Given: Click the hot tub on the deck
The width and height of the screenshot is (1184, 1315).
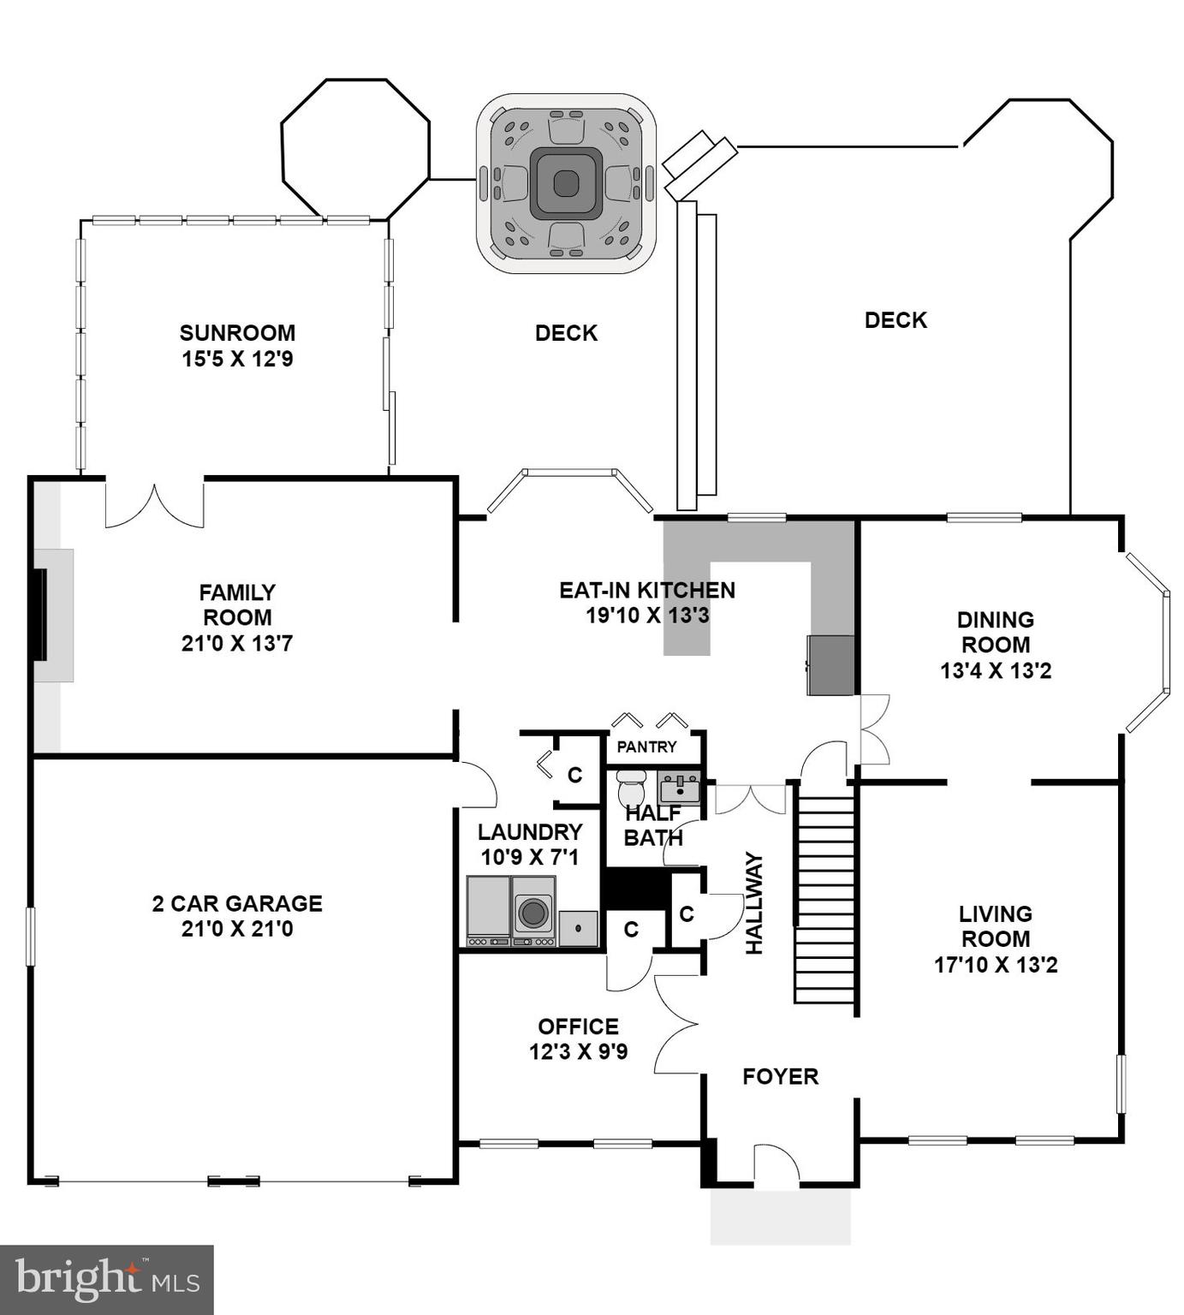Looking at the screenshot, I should (x=566, y=183).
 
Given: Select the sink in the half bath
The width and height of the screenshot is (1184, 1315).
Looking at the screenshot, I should (x=680, y=786).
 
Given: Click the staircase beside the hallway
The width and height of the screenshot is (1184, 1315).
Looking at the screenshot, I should (x=824, y=899).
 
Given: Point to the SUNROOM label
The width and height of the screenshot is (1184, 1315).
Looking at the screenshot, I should (x=237, y=332).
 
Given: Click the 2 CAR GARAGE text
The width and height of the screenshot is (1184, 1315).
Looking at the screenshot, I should (x=237, y=903).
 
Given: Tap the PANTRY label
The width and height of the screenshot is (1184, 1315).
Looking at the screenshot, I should (x=646, y=747).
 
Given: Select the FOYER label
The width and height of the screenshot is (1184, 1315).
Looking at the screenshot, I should (x=780, y=1076).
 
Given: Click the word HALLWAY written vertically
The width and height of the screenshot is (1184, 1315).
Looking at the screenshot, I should (x=753, y=902).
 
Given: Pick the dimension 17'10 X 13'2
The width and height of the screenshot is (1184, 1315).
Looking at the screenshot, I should (x=996, y=965).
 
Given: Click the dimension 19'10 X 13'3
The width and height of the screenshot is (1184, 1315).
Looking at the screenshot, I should (x=647, y=615).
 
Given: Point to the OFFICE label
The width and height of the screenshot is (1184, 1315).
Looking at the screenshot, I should (x=578, y=1026).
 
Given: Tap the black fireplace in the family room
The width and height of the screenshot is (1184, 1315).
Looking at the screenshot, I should (x=39, y=614).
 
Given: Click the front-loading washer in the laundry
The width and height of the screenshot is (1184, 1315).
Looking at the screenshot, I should (x=533, y=913).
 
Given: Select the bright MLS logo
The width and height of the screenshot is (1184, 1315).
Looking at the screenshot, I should (x=106, y=1280).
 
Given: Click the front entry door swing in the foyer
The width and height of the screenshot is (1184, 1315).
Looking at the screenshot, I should (x=776, y=1164).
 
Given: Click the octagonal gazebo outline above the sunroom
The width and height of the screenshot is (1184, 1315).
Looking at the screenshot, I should (x=355, y=149).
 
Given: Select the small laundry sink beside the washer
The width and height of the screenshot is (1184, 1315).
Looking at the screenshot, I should (x=579, y=928).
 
